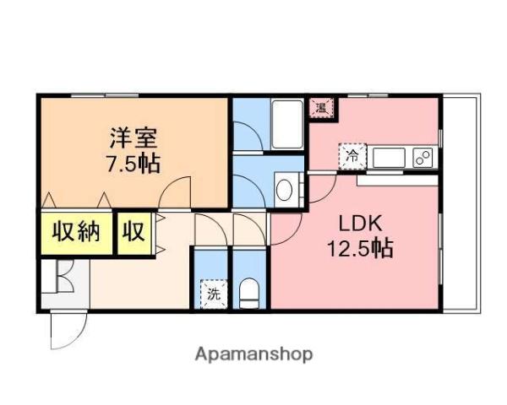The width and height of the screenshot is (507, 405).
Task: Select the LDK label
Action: pyautogui.click(x=362, y=224)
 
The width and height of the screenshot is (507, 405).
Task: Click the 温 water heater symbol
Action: pyautogui.click(x=321, y=107)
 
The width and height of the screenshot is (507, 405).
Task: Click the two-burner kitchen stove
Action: pyautogui.click(x=422, y=157)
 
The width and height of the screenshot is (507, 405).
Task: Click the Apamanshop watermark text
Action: pyautogui.click(x=253, y=354)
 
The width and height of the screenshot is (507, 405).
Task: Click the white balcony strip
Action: pyautogui.click(x=461, y=202)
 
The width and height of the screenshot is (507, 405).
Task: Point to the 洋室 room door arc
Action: pyautogui.click(x=176, y=192)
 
